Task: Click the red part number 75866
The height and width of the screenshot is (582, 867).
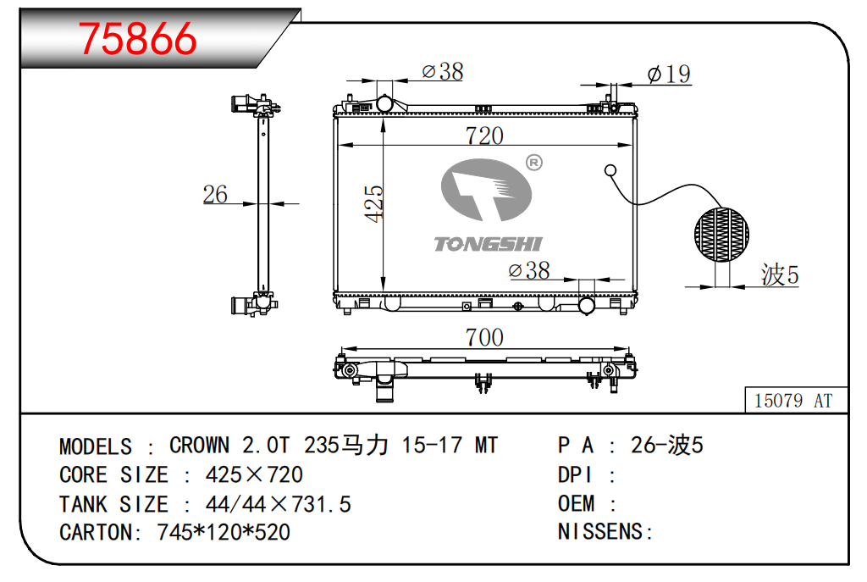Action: click(137, 39)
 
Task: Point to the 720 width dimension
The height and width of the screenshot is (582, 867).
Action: click(484, 136)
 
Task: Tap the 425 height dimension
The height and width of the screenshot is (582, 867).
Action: click(373, 203)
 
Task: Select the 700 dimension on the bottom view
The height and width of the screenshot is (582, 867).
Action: click(484, 337)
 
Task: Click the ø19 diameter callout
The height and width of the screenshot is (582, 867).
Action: click(669, 75)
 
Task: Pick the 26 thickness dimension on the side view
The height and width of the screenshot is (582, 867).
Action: click(215, 194)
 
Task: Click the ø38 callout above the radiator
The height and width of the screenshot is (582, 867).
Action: click(442, 71)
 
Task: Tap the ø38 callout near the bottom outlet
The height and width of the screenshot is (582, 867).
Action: click(529, 270)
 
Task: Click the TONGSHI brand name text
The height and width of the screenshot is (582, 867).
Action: click(488, 244)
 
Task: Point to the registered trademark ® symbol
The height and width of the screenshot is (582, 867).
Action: click(533, 163)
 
